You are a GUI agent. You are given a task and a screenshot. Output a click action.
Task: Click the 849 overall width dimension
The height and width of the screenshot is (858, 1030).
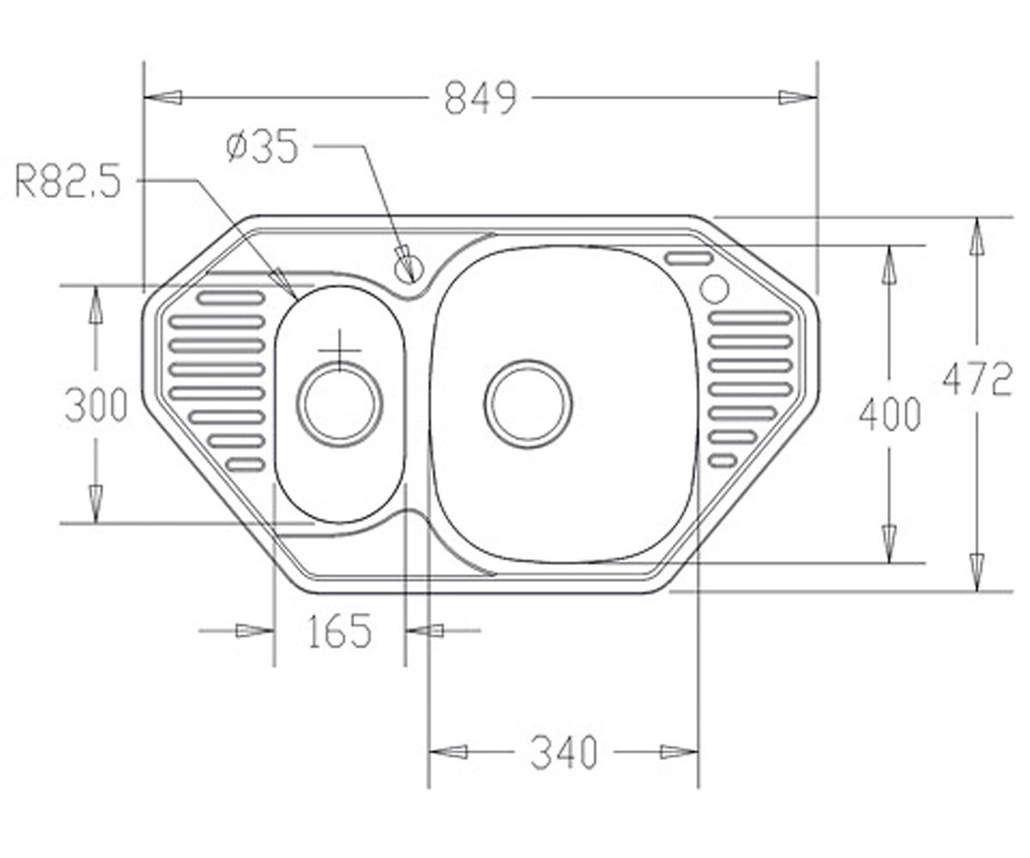(481, 98)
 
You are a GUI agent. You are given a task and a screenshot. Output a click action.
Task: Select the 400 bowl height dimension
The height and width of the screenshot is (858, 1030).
(889, 414)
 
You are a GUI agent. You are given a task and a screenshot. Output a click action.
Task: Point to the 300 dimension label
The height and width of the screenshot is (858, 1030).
(95, 405)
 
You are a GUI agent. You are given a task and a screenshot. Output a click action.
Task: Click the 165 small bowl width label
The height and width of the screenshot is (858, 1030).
(339, 631)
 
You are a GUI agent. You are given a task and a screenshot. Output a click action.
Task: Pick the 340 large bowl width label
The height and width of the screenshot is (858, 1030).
(564, 766)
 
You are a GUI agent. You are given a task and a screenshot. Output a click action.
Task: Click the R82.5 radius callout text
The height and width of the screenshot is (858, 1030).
(68, 181)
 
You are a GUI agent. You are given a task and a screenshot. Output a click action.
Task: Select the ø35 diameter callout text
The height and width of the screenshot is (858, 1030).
(263, 146)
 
